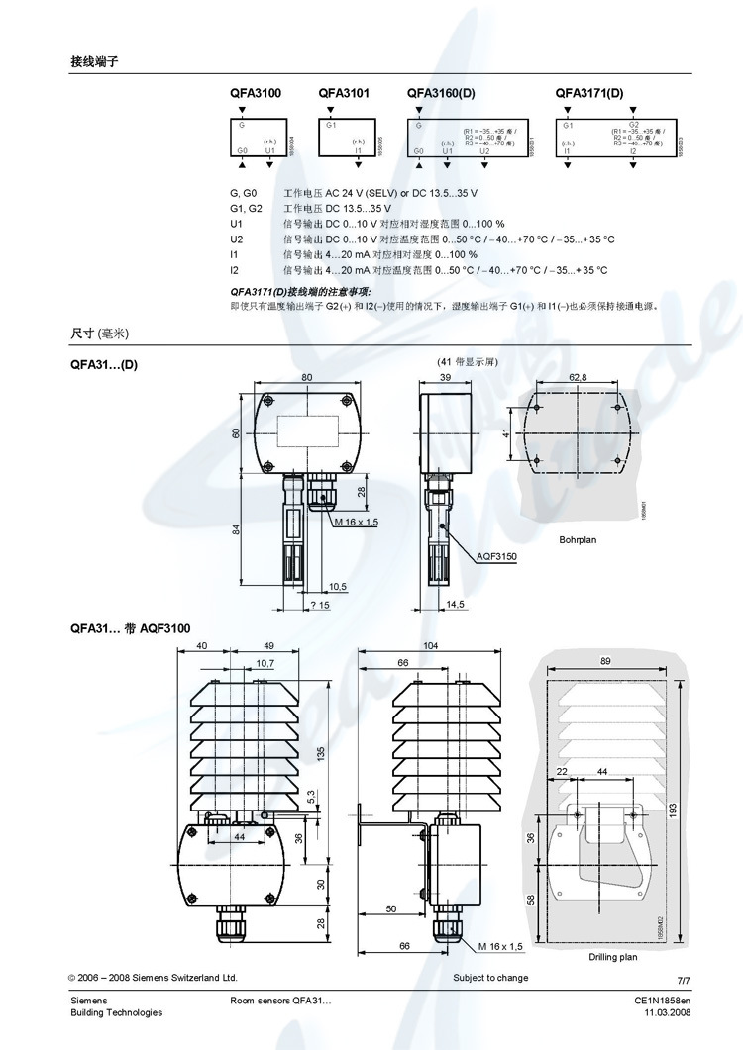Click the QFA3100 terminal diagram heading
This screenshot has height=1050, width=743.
(x=255, y=93)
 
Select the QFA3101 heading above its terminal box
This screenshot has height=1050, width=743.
(x=344, y=93)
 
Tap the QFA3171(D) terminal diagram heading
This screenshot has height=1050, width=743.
(x=589, y=93)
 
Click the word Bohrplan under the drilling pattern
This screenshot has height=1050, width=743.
(x=579, y=540)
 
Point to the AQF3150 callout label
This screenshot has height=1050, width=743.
(x=496, y=557)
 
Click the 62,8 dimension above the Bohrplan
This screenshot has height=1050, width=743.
(x=578, y=377)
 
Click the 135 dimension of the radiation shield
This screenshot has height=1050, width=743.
(x=320, y=751)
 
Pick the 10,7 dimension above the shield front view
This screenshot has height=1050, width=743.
(x=265, y=663)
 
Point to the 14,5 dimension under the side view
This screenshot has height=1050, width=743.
(x=455, y=604)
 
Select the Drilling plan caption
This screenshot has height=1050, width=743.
(x=613, y=957)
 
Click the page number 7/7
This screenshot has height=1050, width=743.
(x=682, y=979)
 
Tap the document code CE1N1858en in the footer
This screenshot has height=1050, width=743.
(x=662, y=1001)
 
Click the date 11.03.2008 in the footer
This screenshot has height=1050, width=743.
(x=667, y=1012)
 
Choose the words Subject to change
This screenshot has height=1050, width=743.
(x=490, y=978)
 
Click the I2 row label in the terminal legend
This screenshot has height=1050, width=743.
(x=235, y=269)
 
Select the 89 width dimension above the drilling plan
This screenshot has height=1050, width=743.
(x=604, y=659)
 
